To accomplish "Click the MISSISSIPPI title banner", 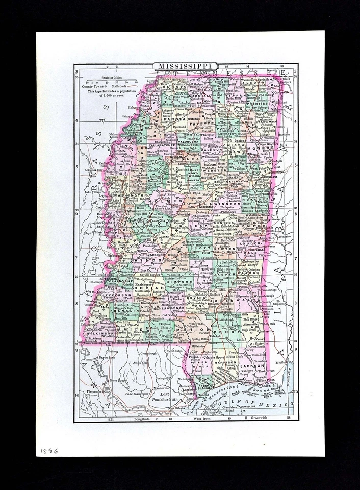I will [181, 66].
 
